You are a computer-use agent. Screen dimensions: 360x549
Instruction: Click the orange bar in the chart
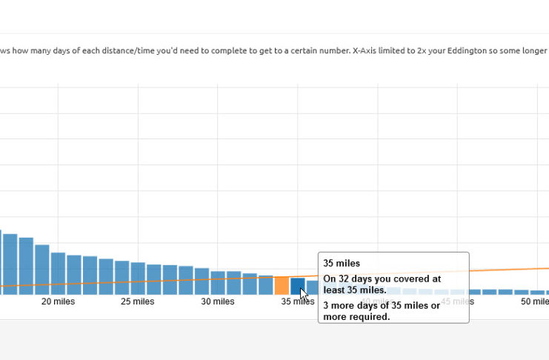coord(282,285)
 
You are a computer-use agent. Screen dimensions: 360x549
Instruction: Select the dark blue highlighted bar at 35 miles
coord(297,286)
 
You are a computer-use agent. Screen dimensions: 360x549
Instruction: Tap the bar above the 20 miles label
coord(58,274)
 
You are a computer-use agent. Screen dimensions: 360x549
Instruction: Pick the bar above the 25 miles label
coord(138,279)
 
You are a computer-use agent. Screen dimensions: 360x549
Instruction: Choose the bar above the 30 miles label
coord(218,283)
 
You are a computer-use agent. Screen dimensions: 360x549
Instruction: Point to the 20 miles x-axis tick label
coord(57,301)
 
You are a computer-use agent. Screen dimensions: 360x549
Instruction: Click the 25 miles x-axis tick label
coord(137,301)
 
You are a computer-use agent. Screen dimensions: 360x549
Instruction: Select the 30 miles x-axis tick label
coord(218,301)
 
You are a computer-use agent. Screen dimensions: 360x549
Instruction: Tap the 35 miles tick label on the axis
coord(296,301)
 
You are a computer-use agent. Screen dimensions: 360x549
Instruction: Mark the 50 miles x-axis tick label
coord(533,301)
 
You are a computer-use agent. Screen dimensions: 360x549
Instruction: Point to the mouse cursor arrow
coord(303,293)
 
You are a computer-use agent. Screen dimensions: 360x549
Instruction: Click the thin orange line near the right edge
coord(533,269)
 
